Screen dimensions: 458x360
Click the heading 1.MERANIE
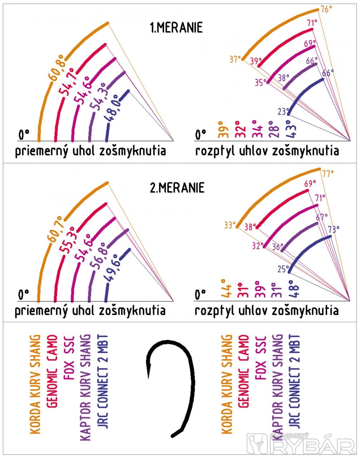point(176,28)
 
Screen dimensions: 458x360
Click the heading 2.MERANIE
point(177,187)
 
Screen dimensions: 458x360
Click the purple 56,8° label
point(98,253)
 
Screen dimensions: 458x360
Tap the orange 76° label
point(326,10)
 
